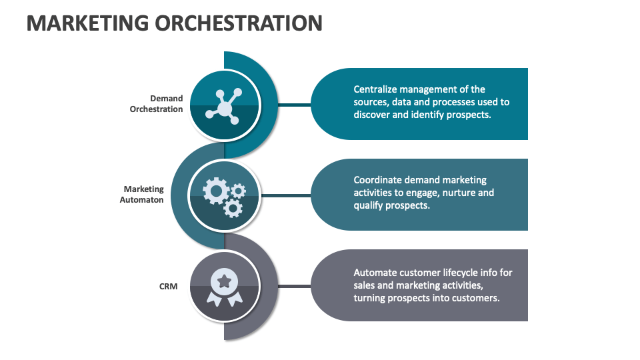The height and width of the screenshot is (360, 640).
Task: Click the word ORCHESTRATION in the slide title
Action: (x=239, y=23)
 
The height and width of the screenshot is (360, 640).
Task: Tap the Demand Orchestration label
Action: (x=157, y=104)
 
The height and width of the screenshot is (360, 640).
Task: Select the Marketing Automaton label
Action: (x=142, y=195)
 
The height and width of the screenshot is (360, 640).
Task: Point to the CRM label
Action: (x=168, y=286)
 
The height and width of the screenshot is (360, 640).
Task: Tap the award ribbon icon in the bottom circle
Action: (x=224, y=287)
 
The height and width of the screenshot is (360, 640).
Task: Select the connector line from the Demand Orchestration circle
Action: (x=294, y=105)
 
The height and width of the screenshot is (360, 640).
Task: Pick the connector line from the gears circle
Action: (x=294, y=195)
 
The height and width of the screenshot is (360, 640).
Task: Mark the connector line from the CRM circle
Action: (x=294, y=286)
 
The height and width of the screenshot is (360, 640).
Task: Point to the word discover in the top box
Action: (x=371, y=115)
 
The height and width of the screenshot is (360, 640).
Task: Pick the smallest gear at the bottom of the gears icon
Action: (x=233, y=208)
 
